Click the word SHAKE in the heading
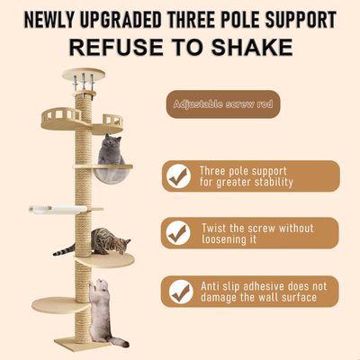click(252, 47)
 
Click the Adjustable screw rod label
click(223, 104)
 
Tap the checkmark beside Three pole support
click(179, 176)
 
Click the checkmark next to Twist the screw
click(179, 233)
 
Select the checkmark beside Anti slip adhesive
click(180, 292)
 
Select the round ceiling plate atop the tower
click(84, 74)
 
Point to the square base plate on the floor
click(82, 344)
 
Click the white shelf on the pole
click(58, 210)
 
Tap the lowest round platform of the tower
click(61, 305)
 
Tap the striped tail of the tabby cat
click(64, 250)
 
